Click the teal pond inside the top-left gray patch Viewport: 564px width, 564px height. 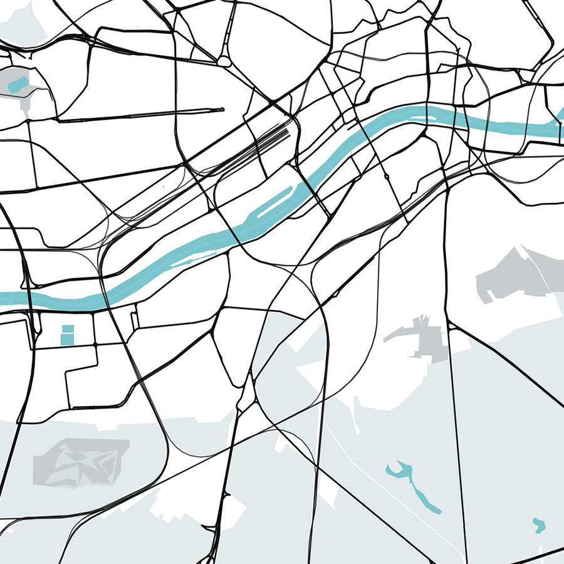tap(18, 83)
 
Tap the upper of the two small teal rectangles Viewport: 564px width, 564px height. tap(67, 328)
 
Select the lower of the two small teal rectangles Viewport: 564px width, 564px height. tap(67, 338)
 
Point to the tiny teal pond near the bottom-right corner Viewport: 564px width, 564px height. tap(538, 525)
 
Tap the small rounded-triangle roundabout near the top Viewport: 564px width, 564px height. tap(224, 61)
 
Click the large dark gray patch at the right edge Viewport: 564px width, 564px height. tap(514, 276)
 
